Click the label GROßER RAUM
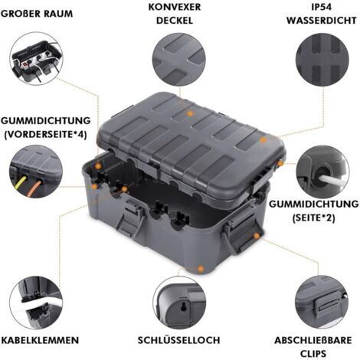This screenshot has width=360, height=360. click(37, 14)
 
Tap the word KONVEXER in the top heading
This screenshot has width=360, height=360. click(175, 7)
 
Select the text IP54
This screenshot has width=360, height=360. click(322, 7)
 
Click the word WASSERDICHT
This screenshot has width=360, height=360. click(322, 21)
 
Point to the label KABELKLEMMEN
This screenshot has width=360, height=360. click(40, 340)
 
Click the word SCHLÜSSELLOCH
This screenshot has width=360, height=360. click(178, 340)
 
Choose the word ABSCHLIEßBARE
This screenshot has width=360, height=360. click(313, 340)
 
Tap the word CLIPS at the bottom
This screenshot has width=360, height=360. click(313, 354)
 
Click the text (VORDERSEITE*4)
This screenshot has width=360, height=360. click(45, 134)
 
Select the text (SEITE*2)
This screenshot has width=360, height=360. click(313, 218)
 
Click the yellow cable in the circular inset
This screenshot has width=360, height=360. click(20, 184)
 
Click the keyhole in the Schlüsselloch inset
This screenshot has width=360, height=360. click(183, 306)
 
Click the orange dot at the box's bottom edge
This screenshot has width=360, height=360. click(201, 269)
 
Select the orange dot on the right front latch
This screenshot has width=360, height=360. click(257, 235)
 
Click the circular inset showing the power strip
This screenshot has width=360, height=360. click(36, 58)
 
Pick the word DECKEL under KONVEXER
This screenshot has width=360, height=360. click(175, 21)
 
